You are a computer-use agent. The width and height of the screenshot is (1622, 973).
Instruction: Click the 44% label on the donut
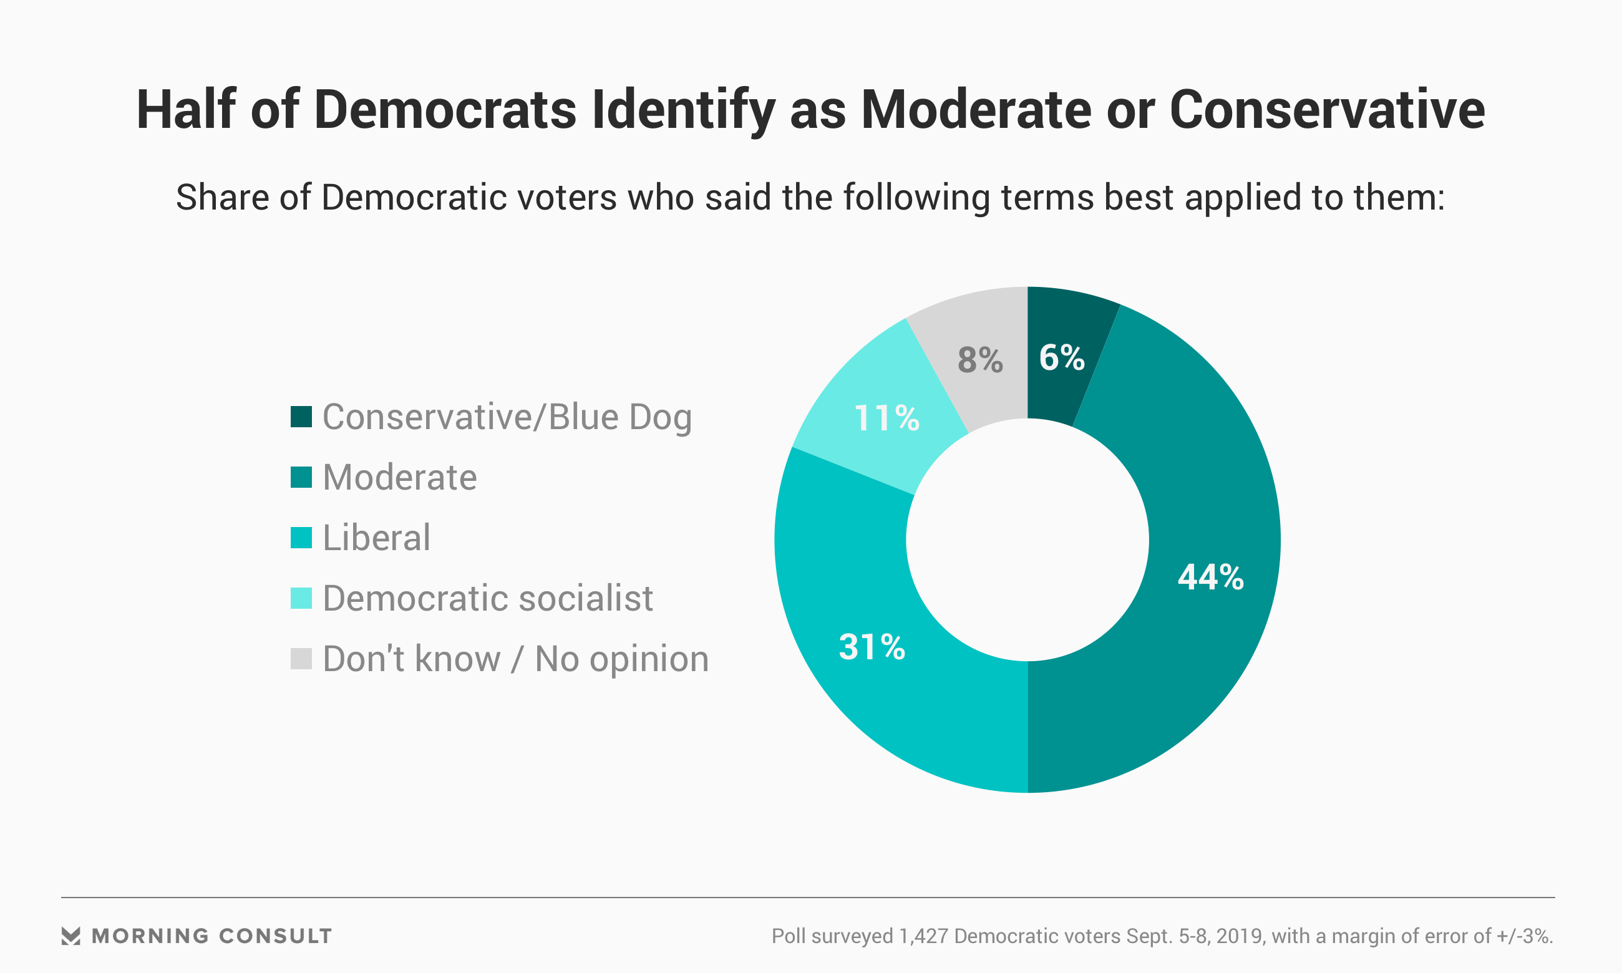1210,578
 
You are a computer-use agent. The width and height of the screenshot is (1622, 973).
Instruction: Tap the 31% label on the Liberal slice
872,647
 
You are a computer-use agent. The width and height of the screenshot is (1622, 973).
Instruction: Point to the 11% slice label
887,419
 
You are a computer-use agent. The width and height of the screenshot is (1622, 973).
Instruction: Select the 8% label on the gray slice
980,360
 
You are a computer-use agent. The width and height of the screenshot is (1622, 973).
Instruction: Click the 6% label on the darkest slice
1061,357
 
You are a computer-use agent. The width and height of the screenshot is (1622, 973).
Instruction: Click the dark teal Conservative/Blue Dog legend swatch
301,417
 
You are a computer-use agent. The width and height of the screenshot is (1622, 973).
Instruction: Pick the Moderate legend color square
301,477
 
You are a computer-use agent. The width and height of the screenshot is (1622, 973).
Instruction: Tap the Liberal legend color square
301,538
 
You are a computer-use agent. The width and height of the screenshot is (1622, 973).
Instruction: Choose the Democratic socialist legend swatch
301,598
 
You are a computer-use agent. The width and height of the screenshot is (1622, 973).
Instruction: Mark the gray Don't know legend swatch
301,658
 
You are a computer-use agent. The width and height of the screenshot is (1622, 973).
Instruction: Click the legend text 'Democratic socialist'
488,598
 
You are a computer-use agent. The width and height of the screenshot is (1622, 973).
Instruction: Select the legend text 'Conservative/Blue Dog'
507,417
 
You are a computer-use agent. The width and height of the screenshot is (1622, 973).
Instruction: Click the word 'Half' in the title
185,110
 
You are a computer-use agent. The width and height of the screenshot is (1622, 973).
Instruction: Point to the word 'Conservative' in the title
1327,110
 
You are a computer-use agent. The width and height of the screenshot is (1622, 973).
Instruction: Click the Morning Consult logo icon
71,936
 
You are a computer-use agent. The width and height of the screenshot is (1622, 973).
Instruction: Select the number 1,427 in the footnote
924,936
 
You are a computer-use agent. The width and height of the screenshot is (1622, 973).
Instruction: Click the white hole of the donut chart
1027,540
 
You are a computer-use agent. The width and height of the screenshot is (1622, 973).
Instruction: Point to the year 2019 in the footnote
1239,936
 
